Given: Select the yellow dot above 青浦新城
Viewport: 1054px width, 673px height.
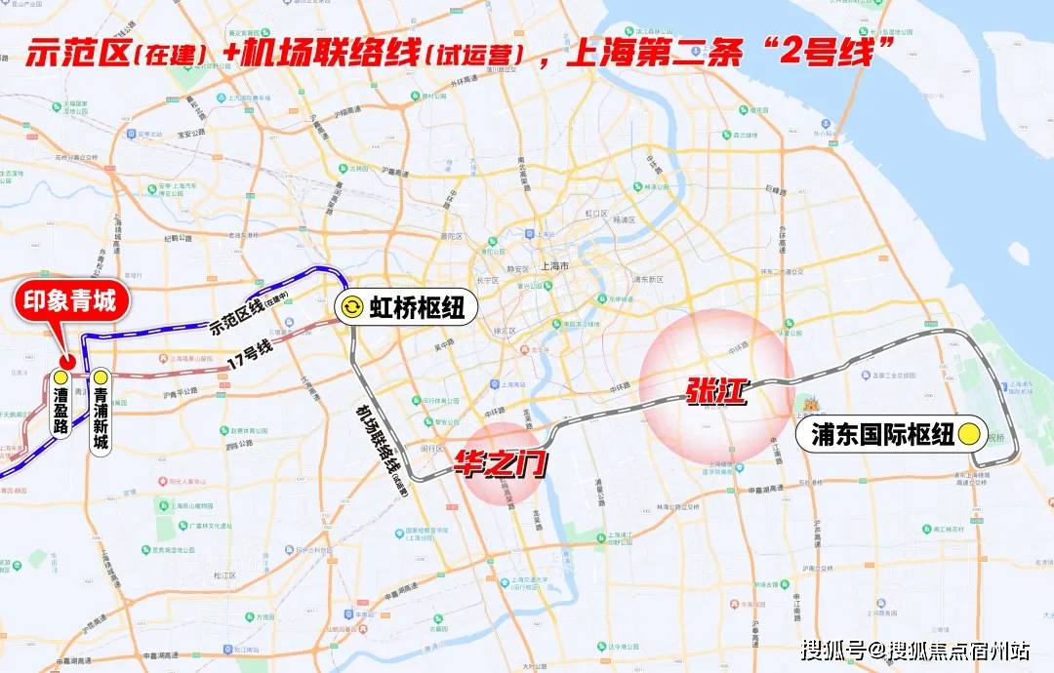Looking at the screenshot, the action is pos(101,377).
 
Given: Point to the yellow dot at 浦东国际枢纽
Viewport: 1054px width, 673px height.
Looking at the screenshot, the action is pos(969,435).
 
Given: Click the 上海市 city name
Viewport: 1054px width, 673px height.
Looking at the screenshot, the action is pos(554,266).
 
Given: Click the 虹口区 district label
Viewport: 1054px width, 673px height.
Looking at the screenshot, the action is pos(595,213).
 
